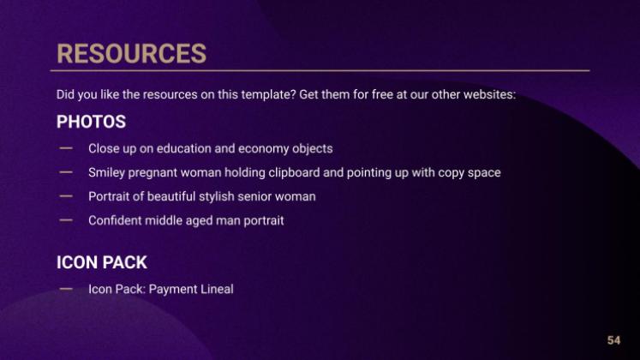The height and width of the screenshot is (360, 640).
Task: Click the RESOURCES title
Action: pyautogui.click(x=131, y=53)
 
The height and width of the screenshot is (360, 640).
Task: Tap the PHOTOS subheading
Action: pyautogui.click(x=91, y=122)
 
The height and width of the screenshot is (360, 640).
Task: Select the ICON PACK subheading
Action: pyautogui.click(x=102, y=262)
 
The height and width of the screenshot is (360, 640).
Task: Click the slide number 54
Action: pyautogui.click(x=613, y=340)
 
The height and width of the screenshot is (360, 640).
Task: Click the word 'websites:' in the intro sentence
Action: pyautogui.click(x=489, y=94)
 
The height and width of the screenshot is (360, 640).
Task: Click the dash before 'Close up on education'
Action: pyautogui.click(x=66, y=148)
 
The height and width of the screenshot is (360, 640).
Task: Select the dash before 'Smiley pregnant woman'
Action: pyautogui.click(x=66, y=172)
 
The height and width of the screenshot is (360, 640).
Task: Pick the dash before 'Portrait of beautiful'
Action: pyautogui.click(x=66, y=196)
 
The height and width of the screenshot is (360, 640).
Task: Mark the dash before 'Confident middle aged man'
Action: pyautogui.click(x=66, y=220)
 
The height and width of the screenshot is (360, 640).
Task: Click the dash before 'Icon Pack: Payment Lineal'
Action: pyautogui.click(x=66, y=289)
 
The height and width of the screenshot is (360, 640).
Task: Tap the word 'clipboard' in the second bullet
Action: pyautogui.click(x=294, y=172)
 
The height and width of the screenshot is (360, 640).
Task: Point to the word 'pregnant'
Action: pyautogui.click(x=153, y=173)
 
